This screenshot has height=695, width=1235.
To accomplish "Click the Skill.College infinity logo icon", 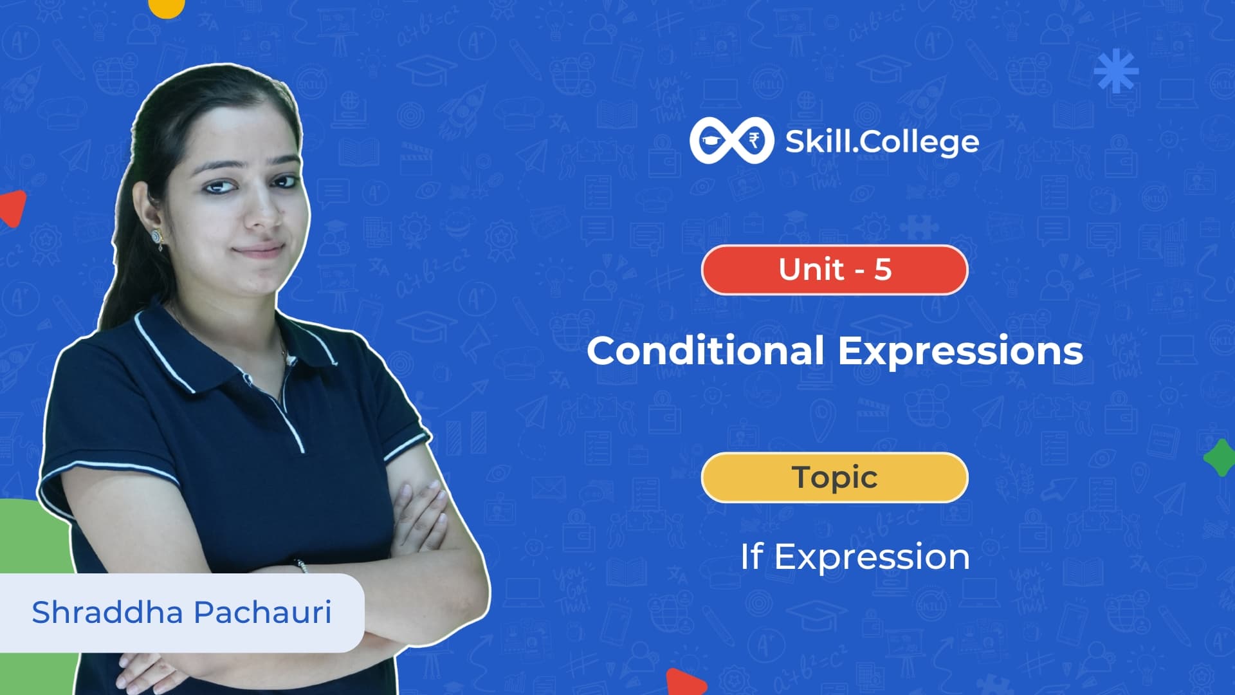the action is tap(730, 140).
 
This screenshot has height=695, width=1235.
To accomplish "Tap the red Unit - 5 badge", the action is tap(834, 270).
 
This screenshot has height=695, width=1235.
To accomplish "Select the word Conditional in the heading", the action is tap(705, 351).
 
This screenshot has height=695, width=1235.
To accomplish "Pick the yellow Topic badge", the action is tap(834, 477).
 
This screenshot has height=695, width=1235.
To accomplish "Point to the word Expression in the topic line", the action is tap(872, 558).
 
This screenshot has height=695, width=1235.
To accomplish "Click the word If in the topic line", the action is tap(752, 556).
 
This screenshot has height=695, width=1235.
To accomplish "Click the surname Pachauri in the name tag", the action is tap(262, 613).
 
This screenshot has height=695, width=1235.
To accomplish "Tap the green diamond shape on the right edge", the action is tap(1220, 458).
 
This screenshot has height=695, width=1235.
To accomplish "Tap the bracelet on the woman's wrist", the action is tap(302, 565).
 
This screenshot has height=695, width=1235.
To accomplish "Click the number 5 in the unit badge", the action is tap(883, 270).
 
